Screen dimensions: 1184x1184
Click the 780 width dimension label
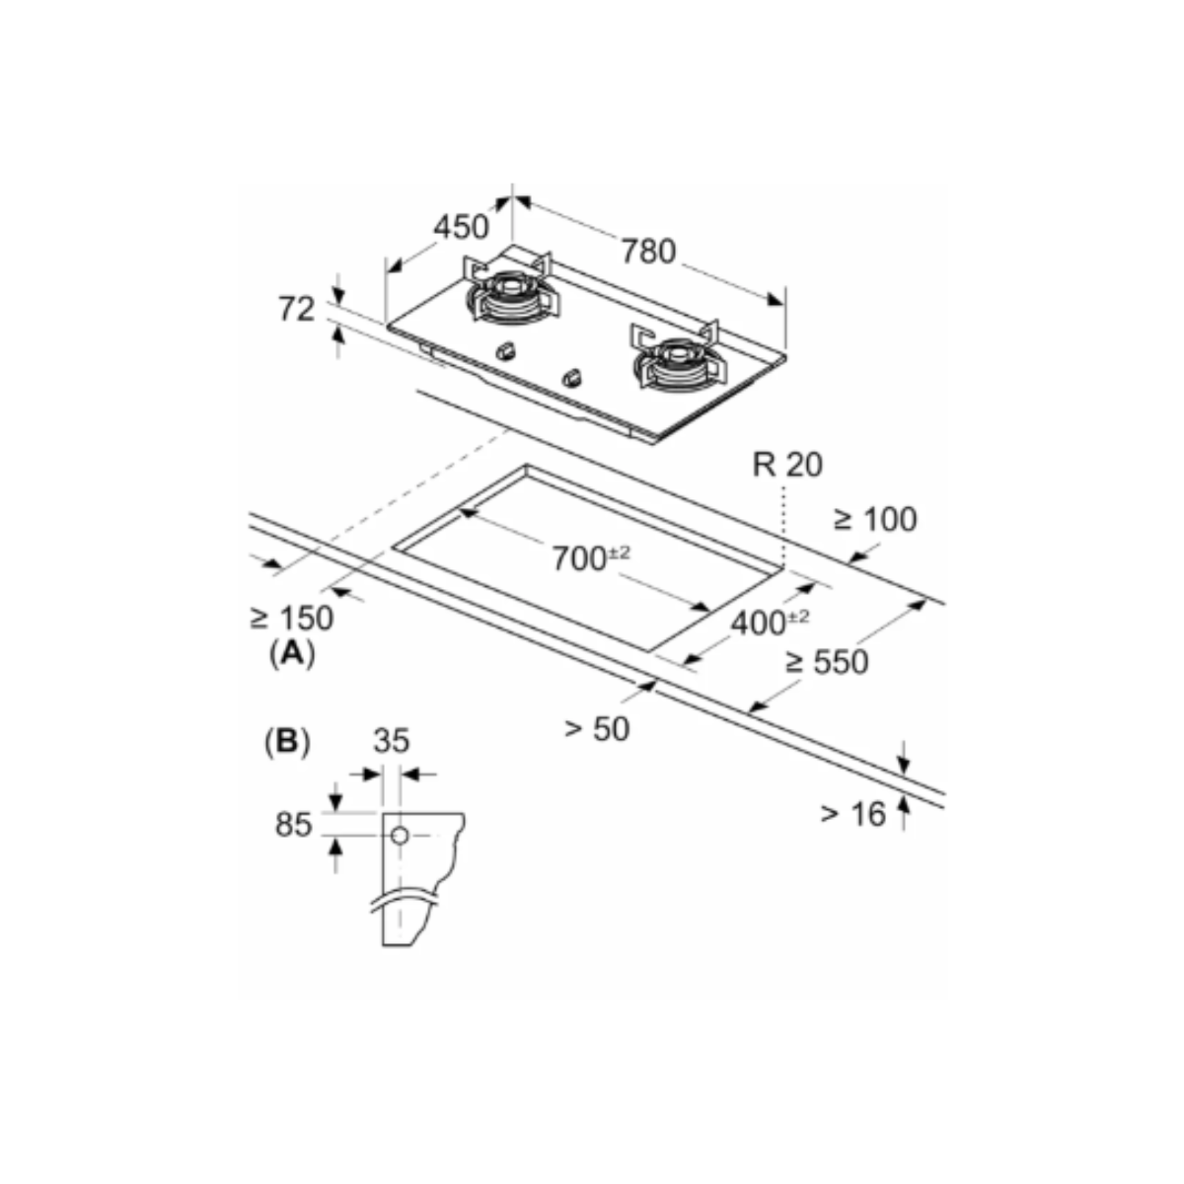point(648,252)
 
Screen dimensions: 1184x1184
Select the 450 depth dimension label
point(461,227)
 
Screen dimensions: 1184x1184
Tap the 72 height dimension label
point(296,309)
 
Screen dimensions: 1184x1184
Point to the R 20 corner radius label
point(786,464)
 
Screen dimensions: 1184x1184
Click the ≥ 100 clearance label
point(874,519)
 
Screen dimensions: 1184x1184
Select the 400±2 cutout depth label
point(770,623)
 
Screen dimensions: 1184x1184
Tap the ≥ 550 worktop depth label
point(827,661)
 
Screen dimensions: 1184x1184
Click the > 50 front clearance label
point(596,729)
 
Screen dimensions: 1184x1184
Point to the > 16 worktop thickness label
point(853,814)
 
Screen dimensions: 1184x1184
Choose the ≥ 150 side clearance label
point(291,619)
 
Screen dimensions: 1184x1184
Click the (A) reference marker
point(291,652)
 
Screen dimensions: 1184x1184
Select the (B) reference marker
point(287,741)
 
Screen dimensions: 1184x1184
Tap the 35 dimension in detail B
point(392,741)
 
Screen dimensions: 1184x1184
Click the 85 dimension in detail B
point(293,825)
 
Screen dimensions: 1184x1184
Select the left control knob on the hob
point(505,350)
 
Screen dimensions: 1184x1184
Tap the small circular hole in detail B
point(399,836)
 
